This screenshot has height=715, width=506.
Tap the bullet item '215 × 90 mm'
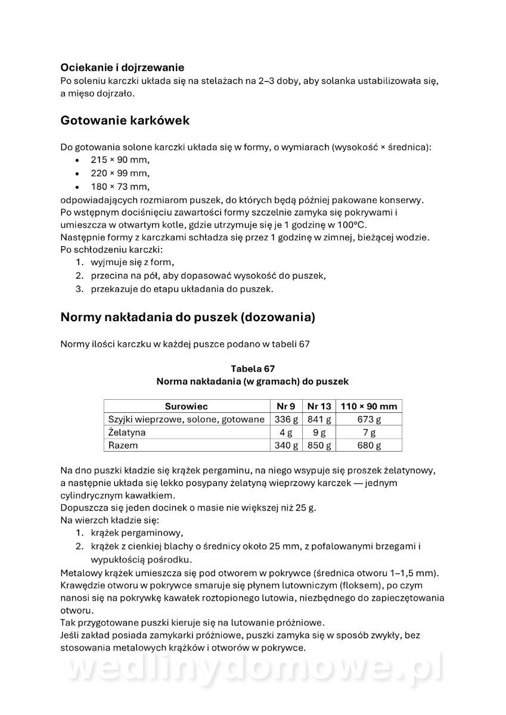(120, 160)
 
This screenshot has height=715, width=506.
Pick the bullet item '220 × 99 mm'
(120, 173)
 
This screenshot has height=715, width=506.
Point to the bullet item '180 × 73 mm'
(120, 187)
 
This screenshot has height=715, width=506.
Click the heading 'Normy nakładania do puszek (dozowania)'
(188, 317)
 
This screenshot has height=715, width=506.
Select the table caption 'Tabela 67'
(252, 368)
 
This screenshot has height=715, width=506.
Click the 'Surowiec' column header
(187, 406)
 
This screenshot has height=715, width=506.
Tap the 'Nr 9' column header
(285, 406)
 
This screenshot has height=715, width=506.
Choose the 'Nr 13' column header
(318, 406)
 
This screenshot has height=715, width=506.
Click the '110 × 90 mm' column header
(368, 406)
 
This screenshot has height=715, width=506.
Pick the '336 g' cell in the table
(285, 419)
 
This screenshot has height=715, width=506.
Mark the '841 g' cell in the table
(318, 419)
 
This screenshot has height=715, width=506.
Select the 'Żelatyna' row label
(127, 433)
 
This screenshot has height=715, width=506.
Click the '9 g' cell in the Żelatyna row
(318, 433)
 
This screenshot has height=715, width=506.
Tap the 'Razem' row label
(123, 446)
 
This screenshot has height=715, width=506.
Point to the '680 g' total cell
(368, 446)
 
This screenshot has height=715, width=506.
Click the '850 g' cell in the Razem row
(318, 446)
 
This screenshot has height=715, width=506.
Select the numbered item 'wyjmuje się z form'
(132, 262)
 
